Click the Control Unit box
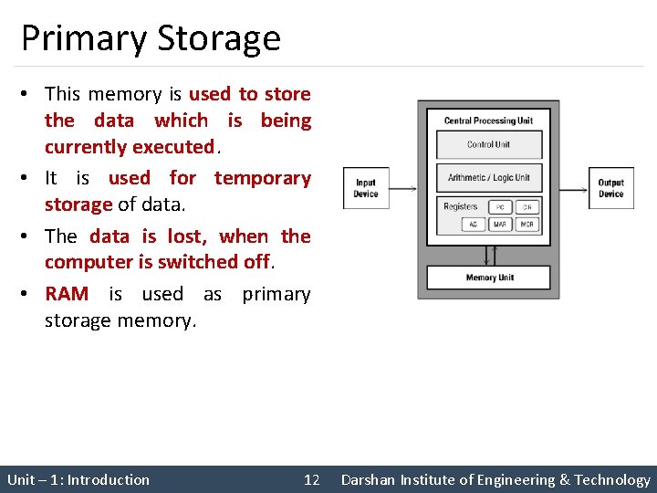[488, 144]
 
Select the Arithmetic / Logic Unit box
[488, 177]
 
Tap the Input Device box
[365, 188]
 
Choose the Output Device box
[610, 188]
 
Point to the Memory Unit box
[489, 278]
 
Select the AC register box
[474, 225]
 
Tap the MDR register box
[527, 225]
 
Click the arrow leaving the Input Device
[403, 188]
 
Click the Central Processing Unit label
[488, 121]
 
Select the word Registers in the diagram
[460, 206]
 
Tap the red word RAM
[67, 294]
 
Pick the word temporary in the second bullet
[262, 178]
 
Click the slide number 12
[311, 480]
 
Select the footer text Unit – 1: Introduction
[78, 480]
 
